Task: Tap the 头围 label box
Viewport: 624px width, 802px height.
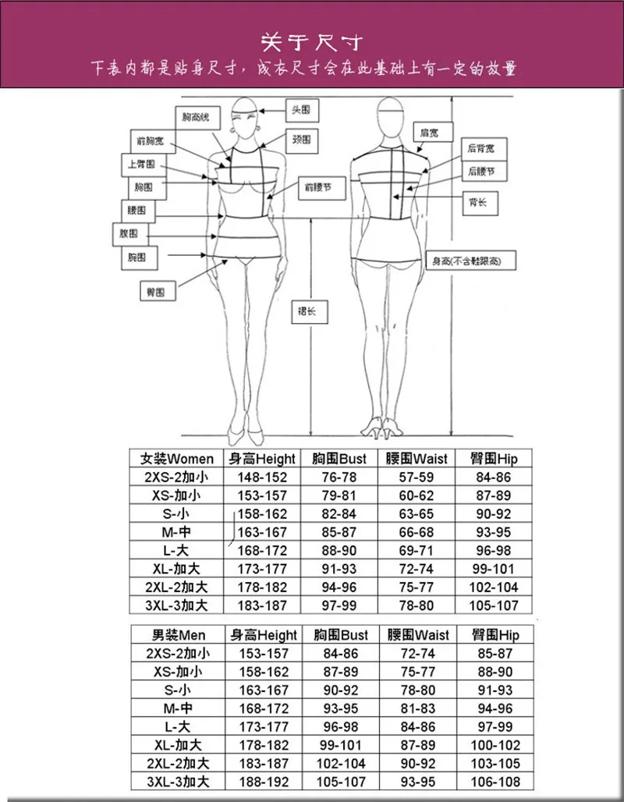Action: coord(301,108)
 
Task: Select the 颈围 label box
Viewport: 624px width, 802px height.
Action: coord(301,140)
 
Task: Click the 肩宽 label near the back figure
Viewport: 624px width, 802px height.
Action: coord(429,133)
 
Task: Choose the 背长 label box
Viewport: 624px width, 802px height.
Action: coord(478,202)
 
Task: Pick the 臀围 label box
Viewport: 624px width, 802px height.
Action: coord(156,292)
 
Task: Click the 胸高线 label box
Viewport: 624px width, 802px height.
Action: coord(196,117)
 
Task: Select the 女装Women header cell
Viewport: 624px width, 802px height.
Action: coord(175,458)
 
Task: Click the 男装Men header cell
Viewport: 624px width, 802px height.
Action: coord(175,635)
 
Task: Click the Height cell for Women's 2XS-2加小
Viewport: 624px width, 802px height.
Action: coord(261,477)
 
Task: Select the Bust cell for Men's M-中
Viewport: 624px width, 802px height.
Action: coord(339,708)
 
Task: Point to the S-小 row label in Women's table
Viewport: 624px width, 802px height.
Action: coord(175,514)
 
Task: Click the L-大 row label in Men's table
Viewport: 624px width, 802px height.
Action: coord(175,726)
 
